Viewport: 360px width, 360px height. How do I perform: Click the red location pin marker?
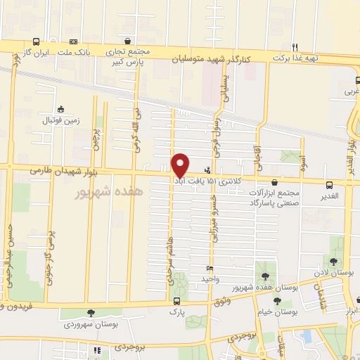coord(181,165)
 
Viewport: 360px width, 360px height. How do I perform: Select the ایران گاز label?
coord(39,53)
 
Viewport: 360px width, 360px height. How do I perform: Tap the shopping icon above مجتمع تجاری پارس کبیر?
coord(127,41)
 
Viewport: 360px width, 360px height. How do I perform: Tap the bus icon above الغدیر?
coord(328,185)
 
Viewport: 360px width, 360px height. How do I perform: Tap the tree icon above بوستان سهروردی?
coord(89,314)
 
